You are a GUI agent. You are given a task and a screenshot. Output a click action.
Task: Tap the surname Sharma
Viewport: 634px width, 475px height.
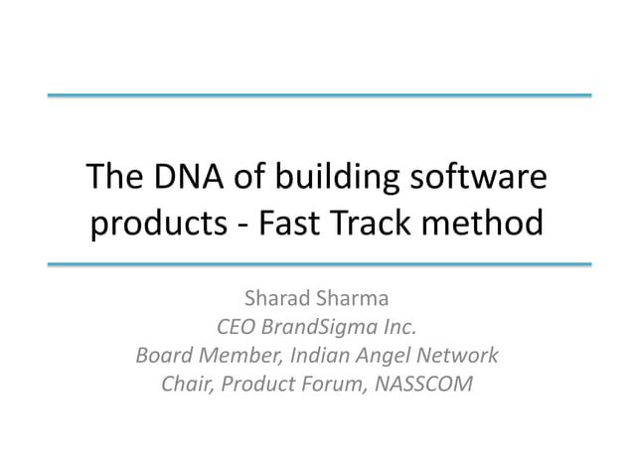point(356,298)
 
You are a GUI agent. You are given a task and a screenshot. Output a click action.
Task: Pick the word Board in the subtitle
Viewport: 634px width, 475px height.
point(162,355)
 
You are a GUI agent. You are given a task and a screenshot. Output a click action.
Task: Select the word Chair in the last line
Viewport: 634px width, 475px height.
point(185,383)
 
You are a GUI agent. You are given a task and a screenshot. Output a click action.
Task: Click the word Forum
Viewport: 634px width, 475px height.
point(329,383)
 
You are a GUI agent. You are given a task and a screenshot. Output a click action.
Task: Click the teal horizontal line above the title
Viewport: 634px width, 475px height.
point(318,95)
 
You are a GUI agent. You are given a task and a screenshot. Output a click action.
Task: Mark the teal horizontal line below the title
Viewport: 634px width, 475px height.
point(318,265)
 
